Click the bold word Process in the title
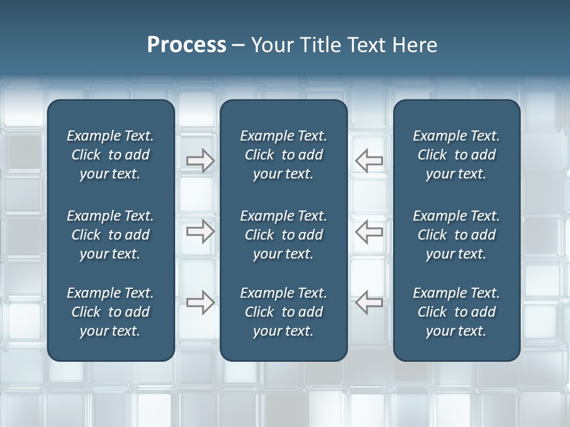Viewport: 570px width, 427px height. click(x=186, y=45)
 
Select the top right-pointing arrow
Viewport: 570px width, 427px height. click(x=200, y=161)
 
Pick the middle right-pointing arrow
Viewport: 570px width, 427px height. click(x=200, y=231)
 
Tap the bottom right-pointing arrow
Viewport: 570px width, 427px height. click(x=200, y=302)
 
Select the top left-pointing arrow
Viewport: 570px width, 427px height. click(x=369, y=160)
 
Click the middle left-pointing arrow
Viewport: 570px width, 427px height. click(x=369, y=231)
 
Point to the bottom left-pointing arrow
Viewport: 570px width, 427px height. click(x=369, y=302)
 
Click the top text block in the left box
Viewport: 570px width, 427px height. click(x=110, y=155)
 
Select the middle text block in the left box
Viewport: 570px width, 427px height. click(x=110, y=235)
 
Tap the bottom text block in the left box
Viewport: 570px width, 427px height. click(x=110, y=312)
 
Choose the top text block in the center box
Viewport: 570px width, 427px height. click(x=283, y=155)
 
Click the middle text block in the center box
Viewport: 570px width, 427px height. click(x=283, y=235)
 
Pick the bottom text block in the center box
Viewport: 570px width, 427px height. click(x=283, y=312)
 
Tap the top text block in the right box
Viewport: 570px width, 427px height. click(x=456, y=155)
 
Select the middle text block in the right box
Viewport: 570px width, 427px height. click(x=456, y=235)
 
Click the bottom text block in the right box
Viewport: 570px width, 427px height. click(x=456, y=312)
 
